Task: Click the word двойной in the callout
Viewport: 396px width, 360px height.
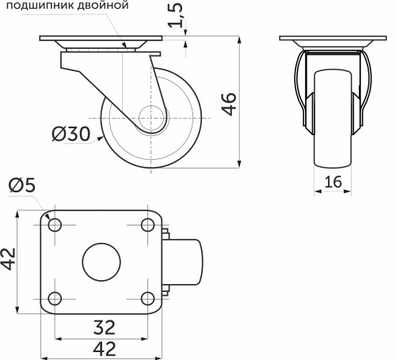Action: [104, 6]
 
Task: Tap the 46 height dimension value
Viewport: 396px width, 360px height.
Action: [228, 103]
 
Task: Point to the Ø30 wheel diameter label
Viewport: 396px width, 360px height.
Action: [70, 135]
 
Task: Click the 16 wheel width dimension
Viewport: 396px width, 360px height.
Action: [333, 182]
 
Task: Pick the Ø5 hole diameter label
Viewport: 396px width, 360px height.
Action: [21, 185]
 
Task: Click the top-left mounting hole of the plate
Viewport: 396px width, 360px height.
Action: [55, 225]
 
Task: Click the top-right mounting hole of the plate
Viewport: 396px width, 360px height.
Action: [147, 225]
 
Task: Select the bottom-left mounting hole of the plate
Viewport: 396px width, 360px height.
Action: [55, 298]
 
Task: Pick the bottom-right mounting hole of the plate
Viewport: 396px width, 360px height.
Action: [147, 298]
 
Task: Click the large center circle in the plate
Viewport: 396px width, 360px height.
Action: [101, 262]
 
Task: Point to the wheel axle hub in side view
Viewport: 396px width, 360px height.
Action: [150, 119]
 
